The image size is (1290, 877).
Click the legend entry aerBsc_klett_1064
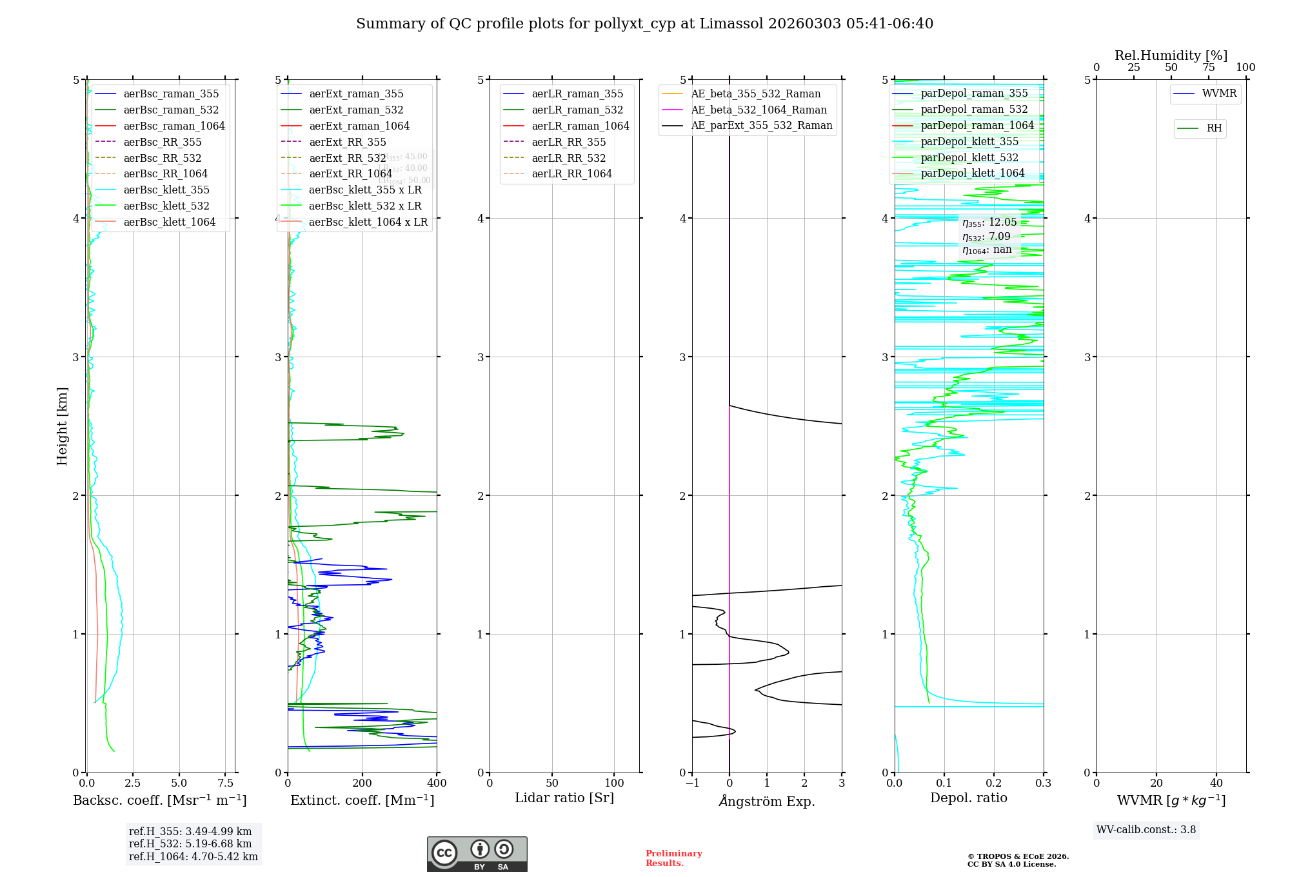coord(169,222)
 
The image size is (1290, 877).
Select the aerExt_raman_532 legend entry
coord(356,110)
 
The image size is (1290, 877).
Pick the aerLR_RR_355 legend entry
coord(568,142)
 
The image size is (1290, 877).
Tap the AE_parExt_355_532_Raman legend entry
coord(761,125)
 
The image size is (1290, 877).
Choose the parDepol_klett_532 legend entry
coord(969,157)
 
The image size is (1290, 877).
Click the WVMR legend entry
coord(1219,94)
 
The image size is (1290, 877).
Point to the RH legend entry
coord(1214,128)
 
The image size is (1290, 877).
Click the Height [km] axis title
coord(62,426)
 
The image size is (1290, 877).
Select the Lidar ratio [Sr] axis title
coord(564,798)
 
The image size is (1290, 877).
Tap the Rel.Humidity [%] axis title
coord(1171,55)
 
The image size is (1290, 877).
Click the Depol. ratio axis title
coord(968,798)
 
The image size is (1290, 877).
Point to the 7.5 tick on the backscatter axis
coord(225,783)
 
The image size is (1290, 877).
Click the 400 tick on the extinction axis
coord(437,783)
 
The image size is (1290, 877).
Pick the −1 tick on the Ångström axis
coord(692,783)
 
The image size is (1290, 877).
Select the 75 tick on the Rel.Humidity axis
coord(1208,67)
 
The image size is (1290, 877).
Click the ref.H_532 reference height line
coord(190,843)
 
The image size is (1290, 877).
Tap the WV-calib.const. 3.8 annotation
coord(1146,829)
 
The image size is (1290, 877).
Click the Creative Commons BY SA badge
coord(477,854)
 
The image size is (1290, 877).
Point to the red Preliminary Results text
coord(673,858)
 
